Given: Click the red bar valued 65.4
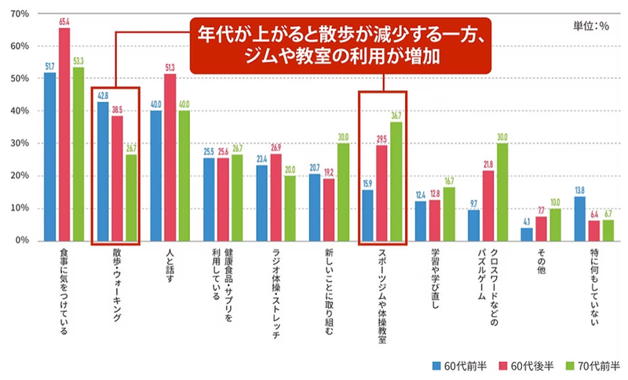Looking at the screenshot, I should pyautogui.click(x=64, y=133).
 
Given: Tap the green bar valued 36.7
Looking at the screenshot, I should pyautogui.click(x=396, y=181).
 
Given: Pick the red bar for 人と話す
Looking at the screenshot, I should pyautogui.click(x=170, y=157).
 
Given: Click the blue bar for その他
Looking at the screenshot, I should pyautogui.click(x=526, y=233).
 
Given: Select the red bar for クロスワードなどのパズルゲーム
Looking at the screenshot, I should pyautogui.click(x=487, y=205).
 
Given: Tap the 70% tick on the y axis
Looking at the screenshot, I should pyautogui.click(x=20, y=14).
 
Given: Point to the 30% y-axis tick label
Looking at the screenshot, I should pyautogui.click(x=20, y=143).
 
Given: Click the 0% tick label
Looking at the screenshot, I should pyautogui.click(x=23, y=239).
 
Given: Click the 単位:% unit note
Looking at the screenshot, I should pyautogui.click(x=593, y=25).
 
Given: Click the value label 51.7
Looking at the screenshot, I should pyautogui.click(x=50, y=67).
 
